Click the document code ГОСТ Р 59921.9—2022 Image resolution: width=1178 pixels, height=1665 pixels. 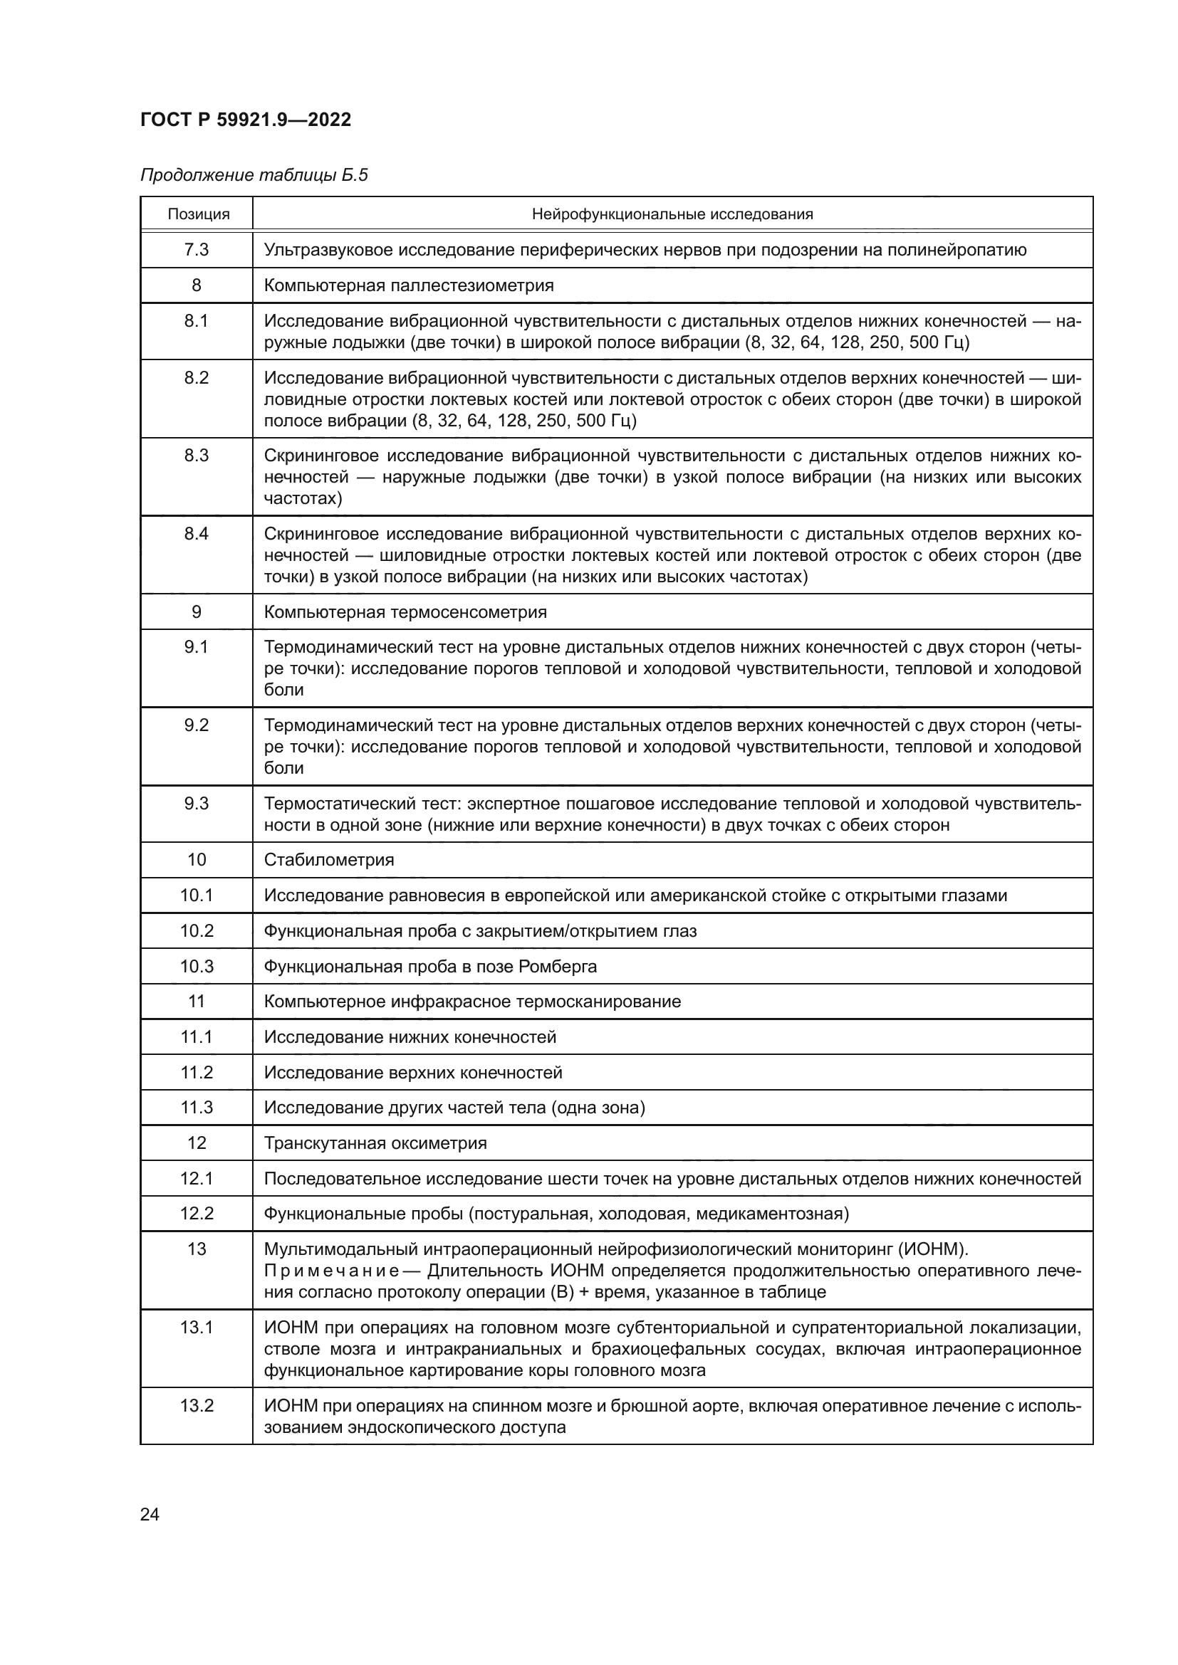point(245,120)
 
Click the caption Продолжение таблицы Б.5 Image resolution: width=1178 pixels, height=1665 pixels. point(254,175)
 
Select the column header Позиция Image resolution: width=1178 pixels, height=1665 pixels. point(198,214)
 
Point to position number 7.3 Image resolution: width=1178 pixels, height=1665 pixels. point(196,249)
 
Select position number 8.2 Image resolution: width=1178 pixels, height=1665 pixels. point(196,378)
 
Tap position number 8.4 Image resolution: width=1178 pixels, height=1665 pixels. point(196,534)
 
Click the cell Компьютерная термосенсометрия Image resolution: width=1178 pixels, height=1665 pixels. point(405,612)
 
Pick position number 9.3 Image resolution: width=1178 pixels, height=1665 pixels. point(196,803)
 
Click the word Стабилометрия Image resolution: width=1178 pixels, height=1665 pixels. point(328,860)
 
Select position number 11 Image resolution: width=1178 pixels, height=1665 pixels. point(196,1002)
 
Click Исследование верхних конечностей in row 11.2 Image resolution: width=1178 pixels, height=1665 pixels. point(413,1073)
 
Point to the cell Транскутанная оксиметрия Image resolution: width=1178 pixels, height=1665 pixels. point(375,1143)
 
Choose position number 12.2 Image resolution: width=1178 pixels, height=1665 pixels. point(196,1213)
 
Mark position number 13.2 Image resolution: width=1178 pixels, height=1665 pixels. point(196,1405)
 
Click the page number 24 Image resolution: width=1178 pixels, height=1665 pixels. point(150,1514)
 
